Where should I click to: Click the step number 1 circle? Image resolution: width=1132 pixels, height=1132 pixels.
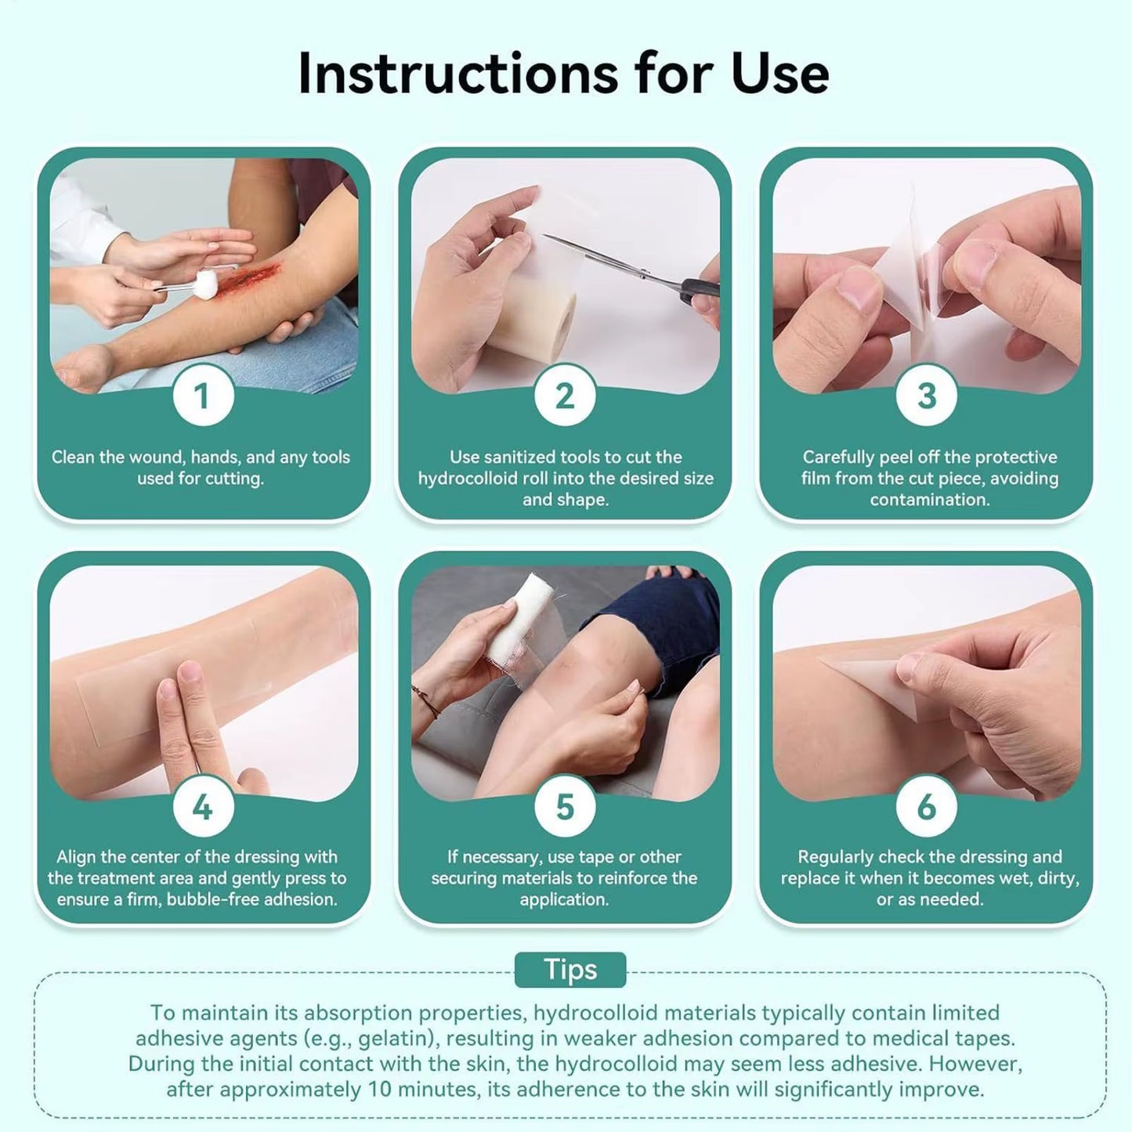[203, 396]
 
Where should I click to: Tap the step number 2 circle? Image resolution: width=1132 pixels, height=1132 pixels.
[565, 396]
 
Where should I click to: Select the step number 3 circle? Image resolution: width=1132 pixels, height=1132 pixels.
[926, 396]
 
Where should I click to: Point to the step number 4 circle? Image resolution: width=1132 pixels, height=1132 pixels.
[203, 807]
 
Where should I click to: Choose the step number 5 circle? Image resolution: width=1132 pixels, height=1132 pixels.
[565, 807]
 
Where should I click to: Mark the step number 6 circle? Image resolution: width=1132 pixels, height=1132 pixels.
[926, 807]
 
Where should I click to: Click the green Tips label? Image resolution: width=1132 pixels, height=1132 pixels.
[570, 970]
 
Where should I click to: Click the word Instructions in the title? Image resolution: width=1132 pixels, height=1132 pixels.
[458, 74]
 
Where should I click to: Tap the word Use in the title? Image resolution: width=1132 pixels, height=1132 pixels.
[779, 74]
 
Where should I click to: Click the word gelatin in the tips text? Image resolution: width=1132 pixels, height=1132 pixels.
[396, 1039]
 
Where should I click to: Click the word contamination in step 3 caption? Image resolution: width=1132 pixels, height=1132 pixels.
[930, 500]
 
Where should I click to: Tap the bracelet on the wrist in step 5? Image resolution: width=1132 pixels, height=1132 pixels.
[426, 701]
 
